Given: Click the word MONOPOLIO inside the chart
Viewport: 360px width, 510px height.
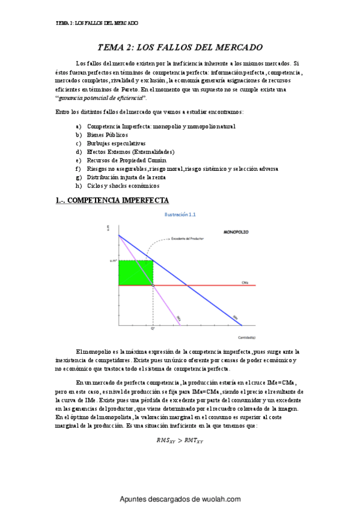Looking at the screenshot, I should pos(236,232).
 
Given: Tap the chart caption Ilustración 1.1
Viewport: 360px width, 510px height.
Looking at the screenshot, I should pos(180,214).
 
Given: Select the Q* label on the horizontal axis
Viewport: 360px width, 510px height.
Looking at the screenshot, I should pos(153,329).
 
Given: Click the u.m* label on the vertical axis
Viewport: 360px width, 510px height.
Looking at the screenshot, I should pos(113,260).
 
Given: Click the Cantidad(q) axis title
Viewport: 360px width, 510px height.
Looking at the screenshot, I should pos(245,337).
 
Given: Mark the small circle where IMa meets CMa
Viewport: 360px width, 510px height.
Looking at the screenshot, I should pos(153,285).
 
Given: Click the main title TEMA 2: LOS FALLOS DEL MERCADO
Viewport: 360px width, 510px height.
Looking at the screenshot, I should pos(180,47).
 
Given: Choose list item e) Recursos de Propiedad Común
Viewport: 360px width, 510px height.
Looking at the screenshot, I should pos(126,161).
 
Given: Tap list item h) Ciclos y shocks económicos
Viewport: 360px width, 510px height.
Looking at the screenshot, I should pos(122,186).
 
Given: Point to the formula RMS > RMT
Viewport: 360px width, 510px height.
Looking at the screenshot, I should pos(180,440).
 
